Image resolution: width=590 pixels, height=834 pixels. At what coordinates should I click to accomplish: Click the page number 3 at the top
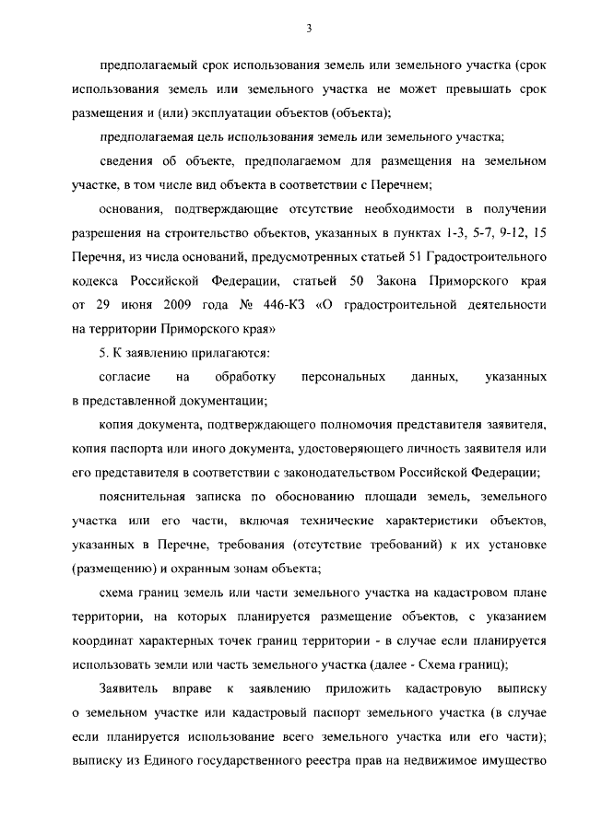[310, 29]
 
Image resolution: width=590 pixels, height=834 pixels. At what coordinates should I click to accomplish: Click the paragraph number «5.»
[103, 353]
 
